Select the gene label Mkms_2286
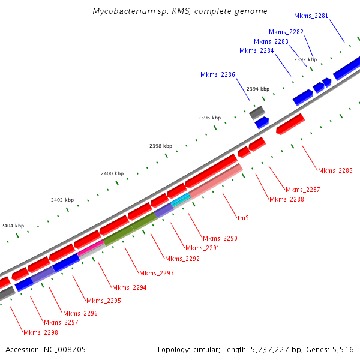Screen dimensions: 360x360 pos(218,75)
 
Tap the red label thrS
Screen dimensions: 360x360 pos(243,218)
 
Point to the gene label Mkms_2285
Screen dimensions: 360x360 pos(335,170)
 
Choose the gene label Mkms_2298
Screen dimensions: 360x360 pos(41,332)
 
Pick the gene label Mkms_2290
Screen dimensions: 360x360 pos(220,238)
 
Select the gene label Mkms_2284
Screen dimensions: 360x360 pos(257,51)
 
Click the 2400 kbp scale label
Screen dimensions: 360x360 pos(112,173)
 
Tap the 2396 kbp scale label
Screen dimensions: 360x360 pos(209,118)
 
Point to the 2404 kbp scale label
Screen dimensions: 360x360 pos(13,226)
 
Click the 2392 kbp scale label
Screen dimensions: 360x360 pos(305,59)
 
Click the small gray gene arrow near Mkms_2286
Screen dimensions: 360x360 pos(257,112)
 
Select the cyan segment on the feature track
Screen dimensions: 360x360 pos(181,200)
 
